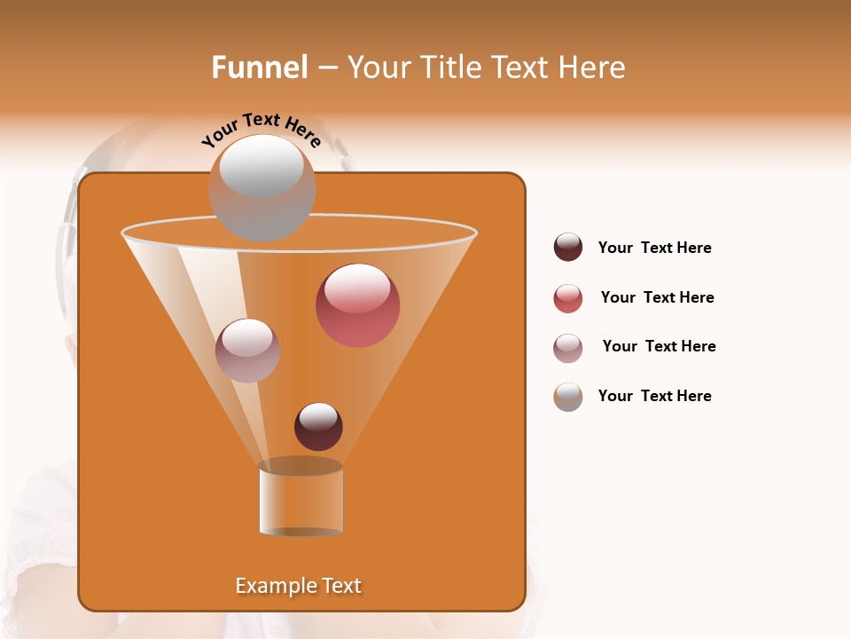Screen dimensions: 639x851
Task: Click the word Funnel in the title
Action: [259, 67]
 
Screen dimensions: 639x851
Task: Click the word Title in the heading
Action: [449, 67]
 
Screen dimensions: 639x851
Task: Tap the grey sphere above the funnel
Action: [262, 187]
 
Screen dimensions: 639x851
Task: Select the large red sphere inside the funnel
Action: [358, 305]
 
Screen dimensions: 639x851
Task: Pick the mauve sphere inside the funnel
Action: [247, 351]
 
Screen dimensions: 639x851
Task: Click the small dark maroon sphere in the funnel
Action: [318, 426]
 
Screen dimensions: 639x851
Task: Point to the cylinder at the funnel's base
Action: [301, 499]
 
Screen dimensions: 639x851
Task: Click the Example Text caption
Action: [298, 586]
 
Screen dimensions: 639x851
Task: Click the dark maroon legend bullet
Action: [568, 248]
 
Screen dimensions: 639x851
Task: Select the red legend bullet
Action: [568, 298]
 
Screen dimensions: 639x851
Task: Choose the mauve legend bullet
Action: [568, 348]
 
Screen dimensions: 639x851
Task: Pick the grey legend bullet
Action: [568, 397]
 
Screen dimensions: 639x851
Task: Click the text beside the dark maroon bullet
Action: [654, 248]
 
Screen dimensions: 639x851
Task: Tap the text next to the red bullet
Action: [657, 298]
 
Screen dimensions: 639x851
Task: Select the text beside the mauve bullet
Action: [659, 347]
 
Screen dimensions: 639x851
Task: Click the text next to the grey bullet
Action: [654, 397]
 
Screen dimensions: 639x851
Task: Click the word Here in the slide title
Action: [593, 67]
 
